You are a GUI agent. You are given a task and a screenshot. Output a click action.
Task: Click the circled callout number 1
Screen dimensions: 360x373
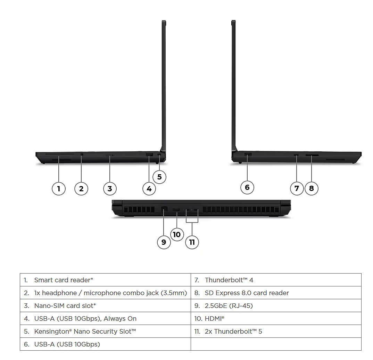pyautogui.click(x=59, y=189)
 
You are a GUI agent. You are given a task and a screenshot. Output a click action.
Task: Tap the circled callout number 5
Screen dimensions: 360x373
pyautogui.click(x=159, y=177)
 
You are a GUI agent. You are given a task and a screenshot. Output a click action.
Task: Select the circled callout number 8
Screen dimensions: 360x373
pyautogui.click(x=311, y=188)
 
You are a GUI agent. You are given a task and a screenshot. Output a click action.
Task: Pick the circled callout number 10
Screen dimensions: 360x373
pyautogui.click(x=177, y=234)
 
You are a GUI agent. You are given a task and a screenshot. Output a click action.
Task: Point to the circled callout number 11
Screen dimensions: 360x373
pyautogui.click(x=192, y=242)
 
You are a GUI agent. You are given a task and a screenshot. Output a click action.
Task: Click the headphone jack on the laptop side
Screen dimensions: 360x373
pyautogui.click(x=82, y=154)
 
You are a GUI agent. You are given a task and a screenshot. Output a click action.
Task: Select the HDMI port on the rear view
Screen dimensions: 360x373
pyautogui.click(x=176, y=210)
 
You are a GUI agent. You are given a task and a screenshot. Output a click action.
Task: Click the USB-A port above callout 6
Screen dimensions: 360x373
pyautogui.click(x=248, y=154)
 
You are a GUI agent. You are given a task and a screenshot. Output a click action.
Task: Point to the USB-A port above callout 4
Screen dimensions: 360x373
pyautogui.click(x=149, y=154)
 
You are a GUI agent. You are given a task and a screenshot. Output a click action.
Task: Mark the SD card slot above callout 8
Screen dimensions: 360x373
pyautogui.click(x=312, y=155)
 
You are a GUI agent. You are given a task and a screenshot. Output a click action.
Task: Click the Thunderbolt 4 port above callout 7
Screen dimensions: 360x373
pyautogui.click(x=296, y=155)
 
